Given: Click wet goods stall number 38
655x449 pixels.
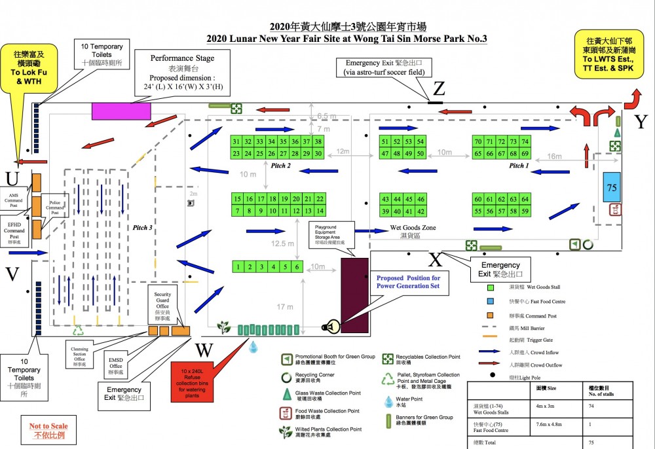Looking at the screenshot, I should [318, 141].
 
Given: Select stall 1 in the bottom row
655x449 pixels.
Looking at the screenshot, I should [239, 266].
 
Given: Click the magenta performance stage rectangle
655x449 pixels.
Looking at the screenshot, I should [121, 111].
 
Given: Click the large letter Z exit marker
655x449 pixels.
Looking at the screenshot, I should [438, 88].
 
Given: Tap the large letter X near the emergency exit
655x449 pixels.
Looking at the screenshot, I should [436, 259].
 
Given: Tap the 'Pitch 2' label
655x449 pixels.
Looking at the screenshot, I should [280, 166].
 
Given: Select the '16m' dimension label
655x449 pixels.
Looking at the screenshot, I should [555, 156].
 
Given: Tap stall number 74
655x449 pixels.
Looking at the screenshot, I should [525, 141].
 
